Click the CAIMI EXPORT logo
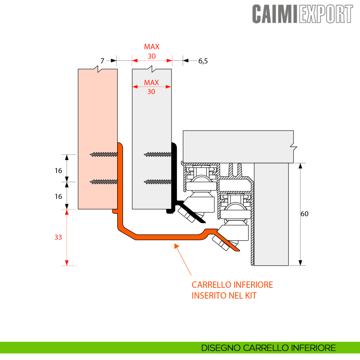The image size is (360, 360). pos(302,14)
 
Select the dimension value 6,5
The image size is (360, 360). pos(203,61)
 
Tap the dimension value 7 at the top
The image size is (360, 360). pos(102,61)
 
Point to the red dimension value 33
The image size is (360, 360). pos(58,237)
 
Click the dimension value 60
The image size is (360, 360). pos(304,214)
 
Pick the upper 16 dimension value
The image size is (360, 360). pos(58,171)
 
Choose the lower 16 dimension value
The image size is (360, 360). pos(58,196)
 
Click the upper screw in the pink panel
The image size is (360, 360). pos(104,154)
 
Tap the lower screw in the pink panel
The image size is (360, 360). pos(104,181)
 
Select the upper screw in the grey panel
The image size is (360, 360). pos(158,154)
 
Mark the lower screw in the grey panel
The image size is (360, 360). pos(158,181)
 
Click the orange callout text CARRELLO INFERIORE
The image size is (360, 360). pos(232,285)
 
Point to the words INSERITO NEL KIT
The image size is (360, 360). pos(224,296)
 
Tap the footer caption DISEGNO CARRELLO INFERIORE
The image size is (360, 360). pos(268,348)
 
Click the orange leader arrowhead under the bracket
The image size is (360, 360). pos(176,246)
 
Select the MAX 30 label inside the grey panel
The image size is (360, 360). pos(151,87)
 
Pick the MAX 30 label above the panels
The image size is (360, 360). pos(152,51)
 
